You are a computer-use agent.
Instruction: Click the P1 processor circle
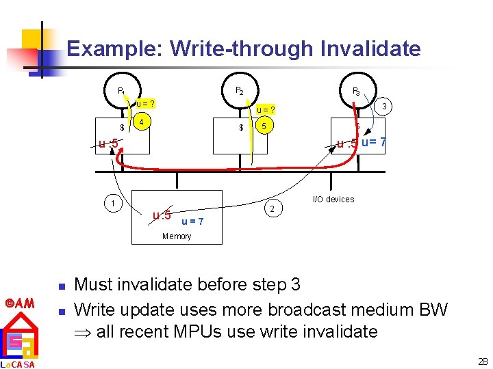[121, 90]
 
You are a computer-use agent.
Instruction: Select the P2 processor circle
[239, 90]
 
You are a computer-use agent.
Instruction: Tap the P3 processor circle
[356, 90]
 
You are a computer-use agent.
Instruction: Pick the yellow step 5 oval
[264, 126]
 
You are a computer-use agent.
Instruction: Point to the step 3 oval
[385, 106]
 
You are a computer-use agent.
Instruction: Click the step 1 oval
[112, 202]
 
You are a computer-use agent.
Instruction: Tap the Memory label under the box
[177, 236]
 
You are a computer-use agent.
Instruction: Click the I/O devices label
[333, 200]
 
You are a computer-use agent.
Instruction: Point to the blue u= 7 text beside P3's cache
[374, 143]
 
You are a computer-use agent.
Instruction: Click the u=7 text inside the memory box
[192, 221]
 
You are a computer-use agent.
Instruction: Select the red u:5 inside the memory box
[162, 216]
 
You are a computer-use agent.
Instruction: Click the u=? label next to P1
[144, 104]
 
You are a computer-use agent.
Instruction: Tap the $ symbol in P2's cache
[241, 128]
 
